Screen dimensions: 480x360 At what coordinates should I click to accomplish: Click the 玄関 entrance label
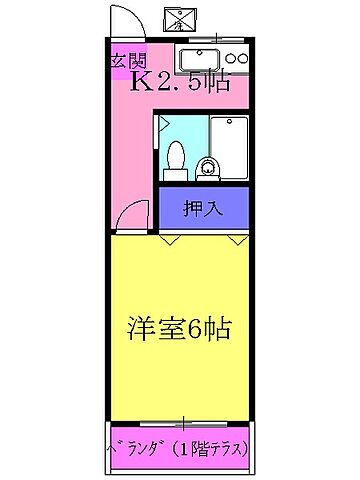coord(124,60)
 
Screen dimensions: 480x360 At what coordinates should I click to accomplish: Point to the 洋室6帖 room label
coord(183,327)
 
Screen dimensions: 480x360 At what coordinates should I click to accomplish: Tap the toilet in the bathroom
coord(176,158)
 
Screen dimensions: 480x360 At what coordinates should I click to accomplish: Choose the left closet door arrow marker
coord(172,240)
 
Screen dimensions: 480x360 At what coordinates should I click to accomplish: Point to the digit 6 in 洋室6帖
coord(201,327)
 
